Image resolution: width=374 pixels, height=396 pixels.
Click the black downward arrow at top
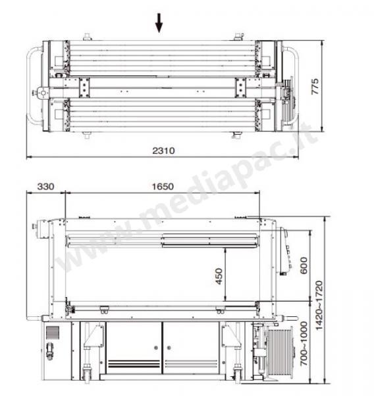pyautogui.click(x=159, y=23)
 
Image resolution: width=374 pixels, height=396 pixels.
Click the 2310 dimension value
pyautogui.click(x=163, y=150)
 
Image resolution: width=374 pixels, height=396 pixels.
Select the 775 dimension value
pyautogui.click(x=315, y=86)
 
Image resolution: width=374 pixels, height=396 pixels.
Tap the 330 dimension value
pyautogui.click(x=45, y=186)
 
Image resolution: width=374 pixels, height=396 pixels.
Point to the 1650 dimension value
pyautogui.click(x=163, y=186)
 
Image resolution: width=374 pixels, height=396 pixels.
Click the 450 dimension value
pyautogui.click(x=219, y=277)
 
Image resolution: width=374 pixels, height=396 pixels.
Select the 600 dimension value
pyautogui.click(x=304, y=265)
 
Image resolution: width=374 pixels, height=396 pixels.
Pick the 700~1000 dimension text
pyautogui.click(x=304, y=343)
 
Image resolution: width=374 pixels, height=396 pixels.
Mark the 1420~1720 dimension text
pyautogui.click(x=319, y=306)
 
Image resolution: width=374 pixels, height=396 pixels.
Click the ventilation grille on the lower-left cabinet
pyautogui.click(x=53, y=332)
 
